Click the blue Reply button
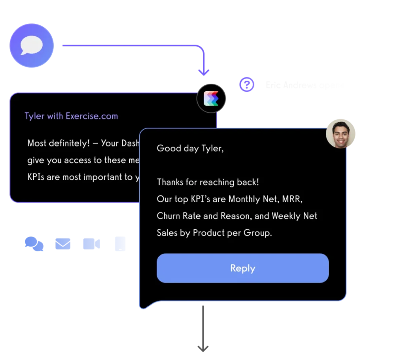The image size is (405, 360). (242, 268)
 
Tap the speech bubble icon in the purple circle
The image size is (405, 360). (32, 45)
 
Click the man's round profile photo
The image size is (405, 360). (341, 133)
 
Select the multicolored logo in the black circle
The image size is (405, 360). (211, 98)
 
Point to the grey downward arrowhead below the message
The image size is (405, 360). (202, 348)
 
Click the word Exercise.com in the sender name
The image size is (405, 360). (92, 116)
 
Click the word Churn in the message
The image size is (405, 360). (169, 216)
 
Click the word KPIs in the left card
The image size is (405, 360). (36, 177)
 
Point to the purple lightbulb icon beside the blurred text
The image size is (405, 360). (247, 85)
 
